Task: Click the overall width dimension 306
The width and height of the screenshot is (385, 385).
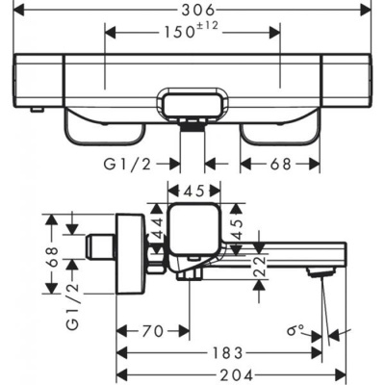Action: tap(192, 10)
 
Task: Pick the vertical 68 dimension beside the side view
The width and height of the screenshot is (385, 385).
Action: tap(54, 256)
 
